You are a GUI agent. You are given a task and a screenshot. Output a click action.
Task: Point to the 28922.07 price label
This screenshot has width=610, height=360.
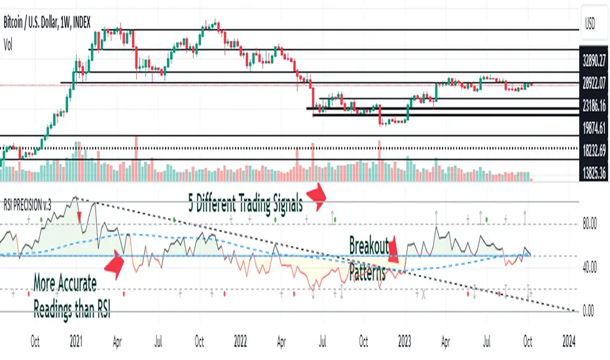pyautogui.click(x=594, y=84)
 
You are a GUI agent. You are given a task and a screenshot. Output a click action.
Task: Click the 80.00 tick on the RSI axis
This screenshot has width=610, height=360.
pyautogui.click(x=593, y=225)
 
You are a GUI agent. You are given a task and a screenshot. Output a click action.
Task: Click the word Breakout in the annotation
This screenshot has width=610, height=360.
pyautogui.click(x=369, y=246)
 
